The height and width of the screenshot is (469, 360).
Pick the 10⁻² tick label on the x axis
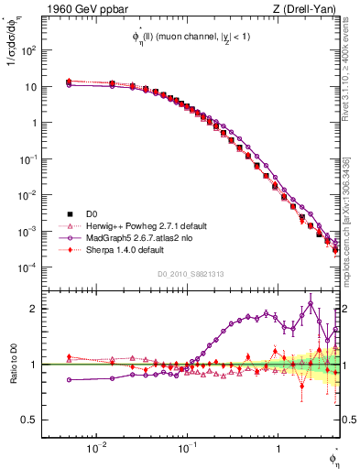point(95,448)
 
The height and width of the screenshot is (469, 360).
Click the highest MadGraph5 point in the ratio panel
point(311,304)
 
